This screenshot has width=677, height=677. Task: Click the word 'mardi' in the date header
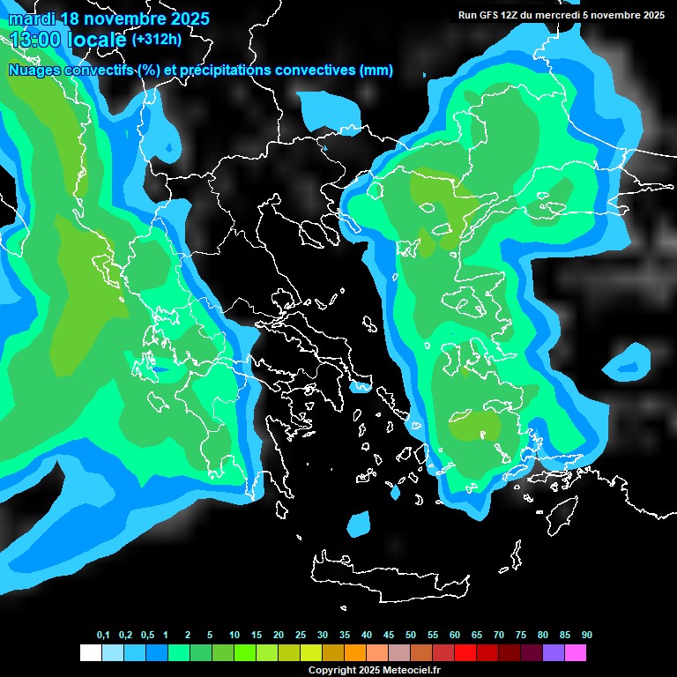point(31,19)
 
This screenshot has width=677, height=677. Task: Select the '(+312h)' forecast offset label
point(157,39)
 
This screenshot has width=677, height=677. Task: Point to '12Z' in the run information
point(510,15)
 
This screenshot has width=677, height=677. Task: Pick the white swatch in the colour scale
point(90,653)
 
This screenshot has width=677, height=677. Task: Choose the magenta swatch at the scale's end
point(576,653)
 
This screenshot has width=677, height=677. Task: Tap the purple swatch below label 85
point(554,653)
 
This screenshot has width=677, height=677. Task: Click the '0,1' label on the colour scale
point(103,636)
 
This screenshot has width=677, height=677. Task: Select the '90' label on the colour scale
point(587,636)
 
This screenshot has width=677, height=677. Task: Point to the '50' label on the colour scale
point(411,636)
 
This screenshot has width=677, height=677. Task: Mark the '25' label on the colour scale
point(301,636)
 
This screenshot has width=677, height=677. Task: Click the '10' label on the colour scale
point(234,636)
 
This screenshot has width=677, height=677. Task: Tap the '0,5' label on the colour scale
point(147,636)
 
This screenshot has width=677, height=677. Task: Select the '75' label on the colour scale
point(521,636)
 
